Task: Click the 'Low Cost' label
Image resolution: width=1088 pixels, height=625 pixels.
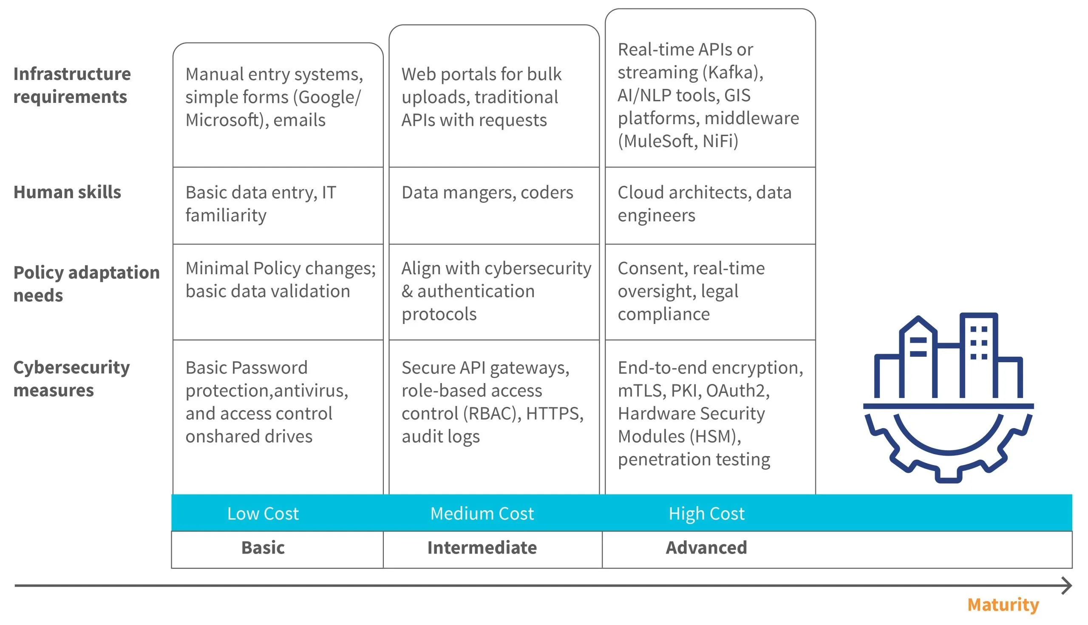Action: (x=263, y=514)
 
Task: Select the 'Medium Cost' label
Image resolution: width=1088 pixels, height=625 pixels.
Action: (x=482, y=514)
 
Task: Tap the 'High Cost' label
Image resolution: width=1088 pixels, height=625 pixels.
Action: (x=706, y=514)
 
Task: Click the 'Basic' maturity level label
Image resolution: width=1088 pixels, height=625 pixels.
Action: (x=263, y=548)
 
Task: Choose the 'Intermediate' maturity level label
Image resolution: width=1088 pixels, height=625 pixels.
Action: (x=482, y=548)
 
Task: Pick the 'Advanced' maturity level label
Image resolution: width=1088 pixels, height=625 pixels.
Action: (x=706, y=548)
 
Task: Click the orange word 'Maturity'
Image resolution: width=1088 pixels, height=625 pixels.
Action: (x=1003, y=605)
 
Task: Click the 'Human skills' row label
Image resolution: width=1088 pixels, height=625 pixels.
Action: (x=67, y=192)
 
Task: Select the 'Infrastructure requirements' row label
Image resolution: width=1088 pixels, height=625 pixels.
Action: (x=72, y=85)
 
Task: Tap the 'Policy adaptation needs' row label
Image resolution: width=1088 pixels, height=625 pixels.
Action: (x=86, y=284)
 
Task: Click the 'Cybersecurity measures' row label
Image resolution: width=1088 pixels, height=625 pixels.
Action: (x=72, y=378)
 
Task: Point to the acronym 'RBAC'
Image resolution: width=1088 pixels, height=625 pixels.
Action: (x=492, y=413)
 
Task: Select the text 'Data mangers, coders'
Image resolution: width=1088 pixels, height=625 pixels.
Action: (x=487, y=193)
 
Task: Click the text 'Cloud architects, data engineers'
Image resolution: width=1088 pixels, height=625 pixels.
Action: (x=705, y=204)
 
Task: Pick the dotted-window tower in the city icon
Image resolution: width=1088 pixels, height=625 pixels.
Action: (x=979, y=355)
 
